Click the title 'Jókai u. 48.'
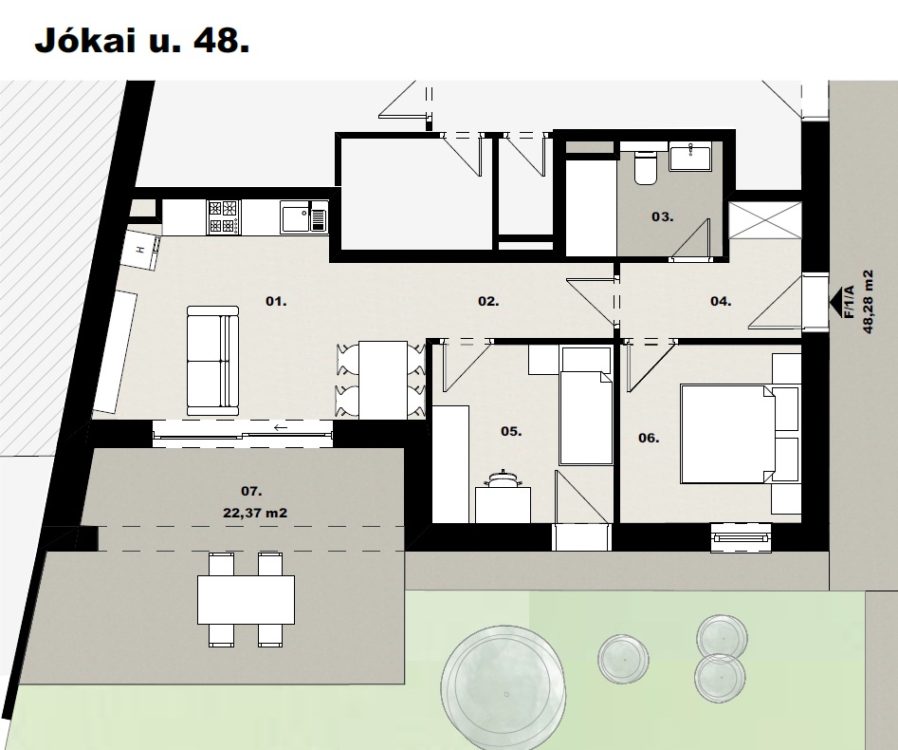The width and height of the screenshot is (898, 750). [x=142, y=41]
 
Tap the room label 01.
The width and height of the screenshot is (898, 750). [x=276, y=301]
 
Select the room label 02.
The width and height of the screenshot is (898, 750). [x=488, y=301]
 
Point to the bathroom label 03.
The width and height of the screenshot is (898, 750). [x=663, y=216]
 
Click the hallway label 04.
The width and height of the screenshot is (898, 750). [x=721, y=301]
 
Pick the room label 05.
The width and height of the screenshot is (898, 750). [x=511, y=431]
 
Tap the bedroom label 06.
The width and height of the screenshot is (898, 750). [x=649, y=438]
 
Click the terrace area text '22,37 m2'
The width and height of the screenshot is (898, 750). [x=255, y=514]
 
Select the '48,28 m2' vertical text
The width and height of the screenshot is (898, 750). [x=868, y=302]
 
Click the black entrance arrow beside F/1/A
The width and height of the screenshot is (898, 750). [x=836, y=300]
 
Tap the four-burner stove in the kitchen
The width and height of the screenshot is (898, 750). [x=224, y=216]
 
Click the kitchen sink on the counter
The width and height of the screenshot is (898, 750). [x=303, y=216]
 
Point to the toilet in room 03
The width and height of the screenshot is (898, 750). [x=646, y=167]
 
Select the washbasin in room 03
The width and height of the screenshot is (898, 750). [x=690, y=157]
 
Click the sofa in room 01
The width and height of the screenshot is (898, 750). [x=212, y=361]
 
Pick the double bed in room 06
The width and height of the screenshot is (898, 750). [x=727, y=434]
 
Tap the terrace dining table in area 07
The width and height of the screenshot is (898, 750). [x=247, y=600]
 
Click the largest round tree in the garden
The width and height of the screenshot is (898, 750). [x=504, y=687]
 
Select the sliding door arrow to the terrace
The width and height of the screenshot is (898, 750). [x=281, y=427]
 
